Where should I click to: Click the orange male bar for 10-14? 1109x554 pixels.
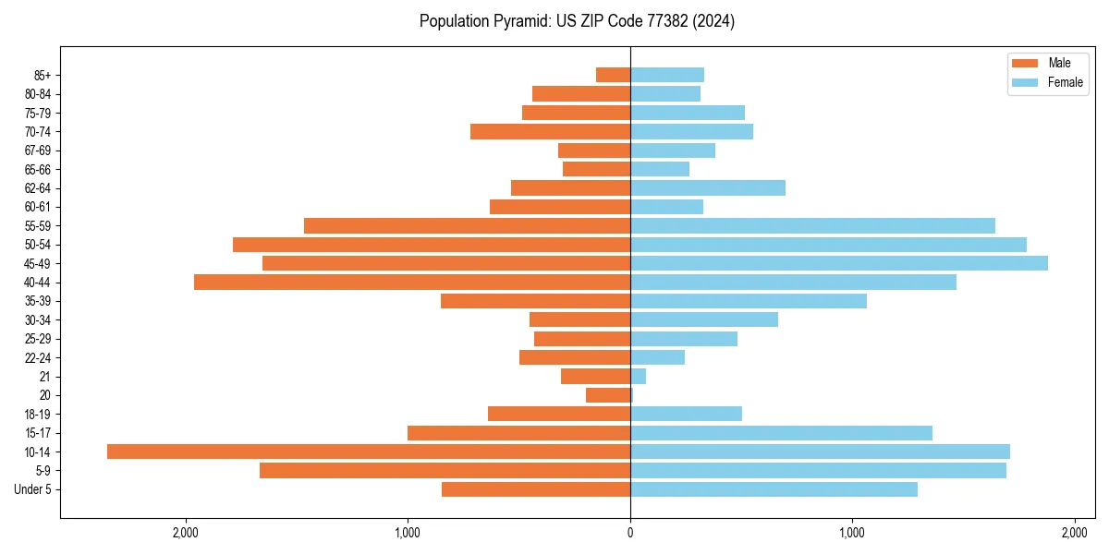click(369, 452)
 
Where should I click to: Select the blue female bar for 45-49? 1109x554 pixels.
click(839, 263)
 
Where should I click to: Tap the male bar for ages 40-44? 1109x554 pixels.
click(412, 282)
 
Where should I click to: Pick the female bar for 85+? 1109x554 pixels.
click(667, 75)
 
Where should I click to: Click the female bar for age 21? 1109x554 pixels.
click(639, 376)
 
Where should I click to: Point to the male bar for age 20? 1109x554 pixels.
click(608, 395)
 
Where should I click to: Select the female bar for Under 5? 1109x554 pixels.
click(774, 489)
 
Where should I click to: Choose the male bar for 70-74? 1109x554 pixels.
click(550, 131)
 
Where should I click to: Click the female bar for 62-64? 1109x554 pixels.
click(708, 187)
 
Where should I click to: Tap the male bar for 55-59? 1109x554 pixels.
click(467, 225)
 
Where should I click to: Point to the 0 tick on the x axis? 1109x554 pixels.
click(630, 533)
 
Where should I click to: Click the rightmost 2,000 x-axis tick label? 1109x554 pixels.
click(1074, 533)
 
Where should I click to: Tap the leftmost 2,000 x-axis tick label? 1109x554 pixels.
click(186, 533)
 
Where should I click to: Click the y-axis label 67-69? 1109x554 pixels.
click(38, 151)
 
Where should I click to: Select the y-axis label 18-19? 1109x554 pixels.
click(38, 414)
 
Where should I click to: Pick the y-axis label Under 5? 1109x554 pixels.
click(33, 489)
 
